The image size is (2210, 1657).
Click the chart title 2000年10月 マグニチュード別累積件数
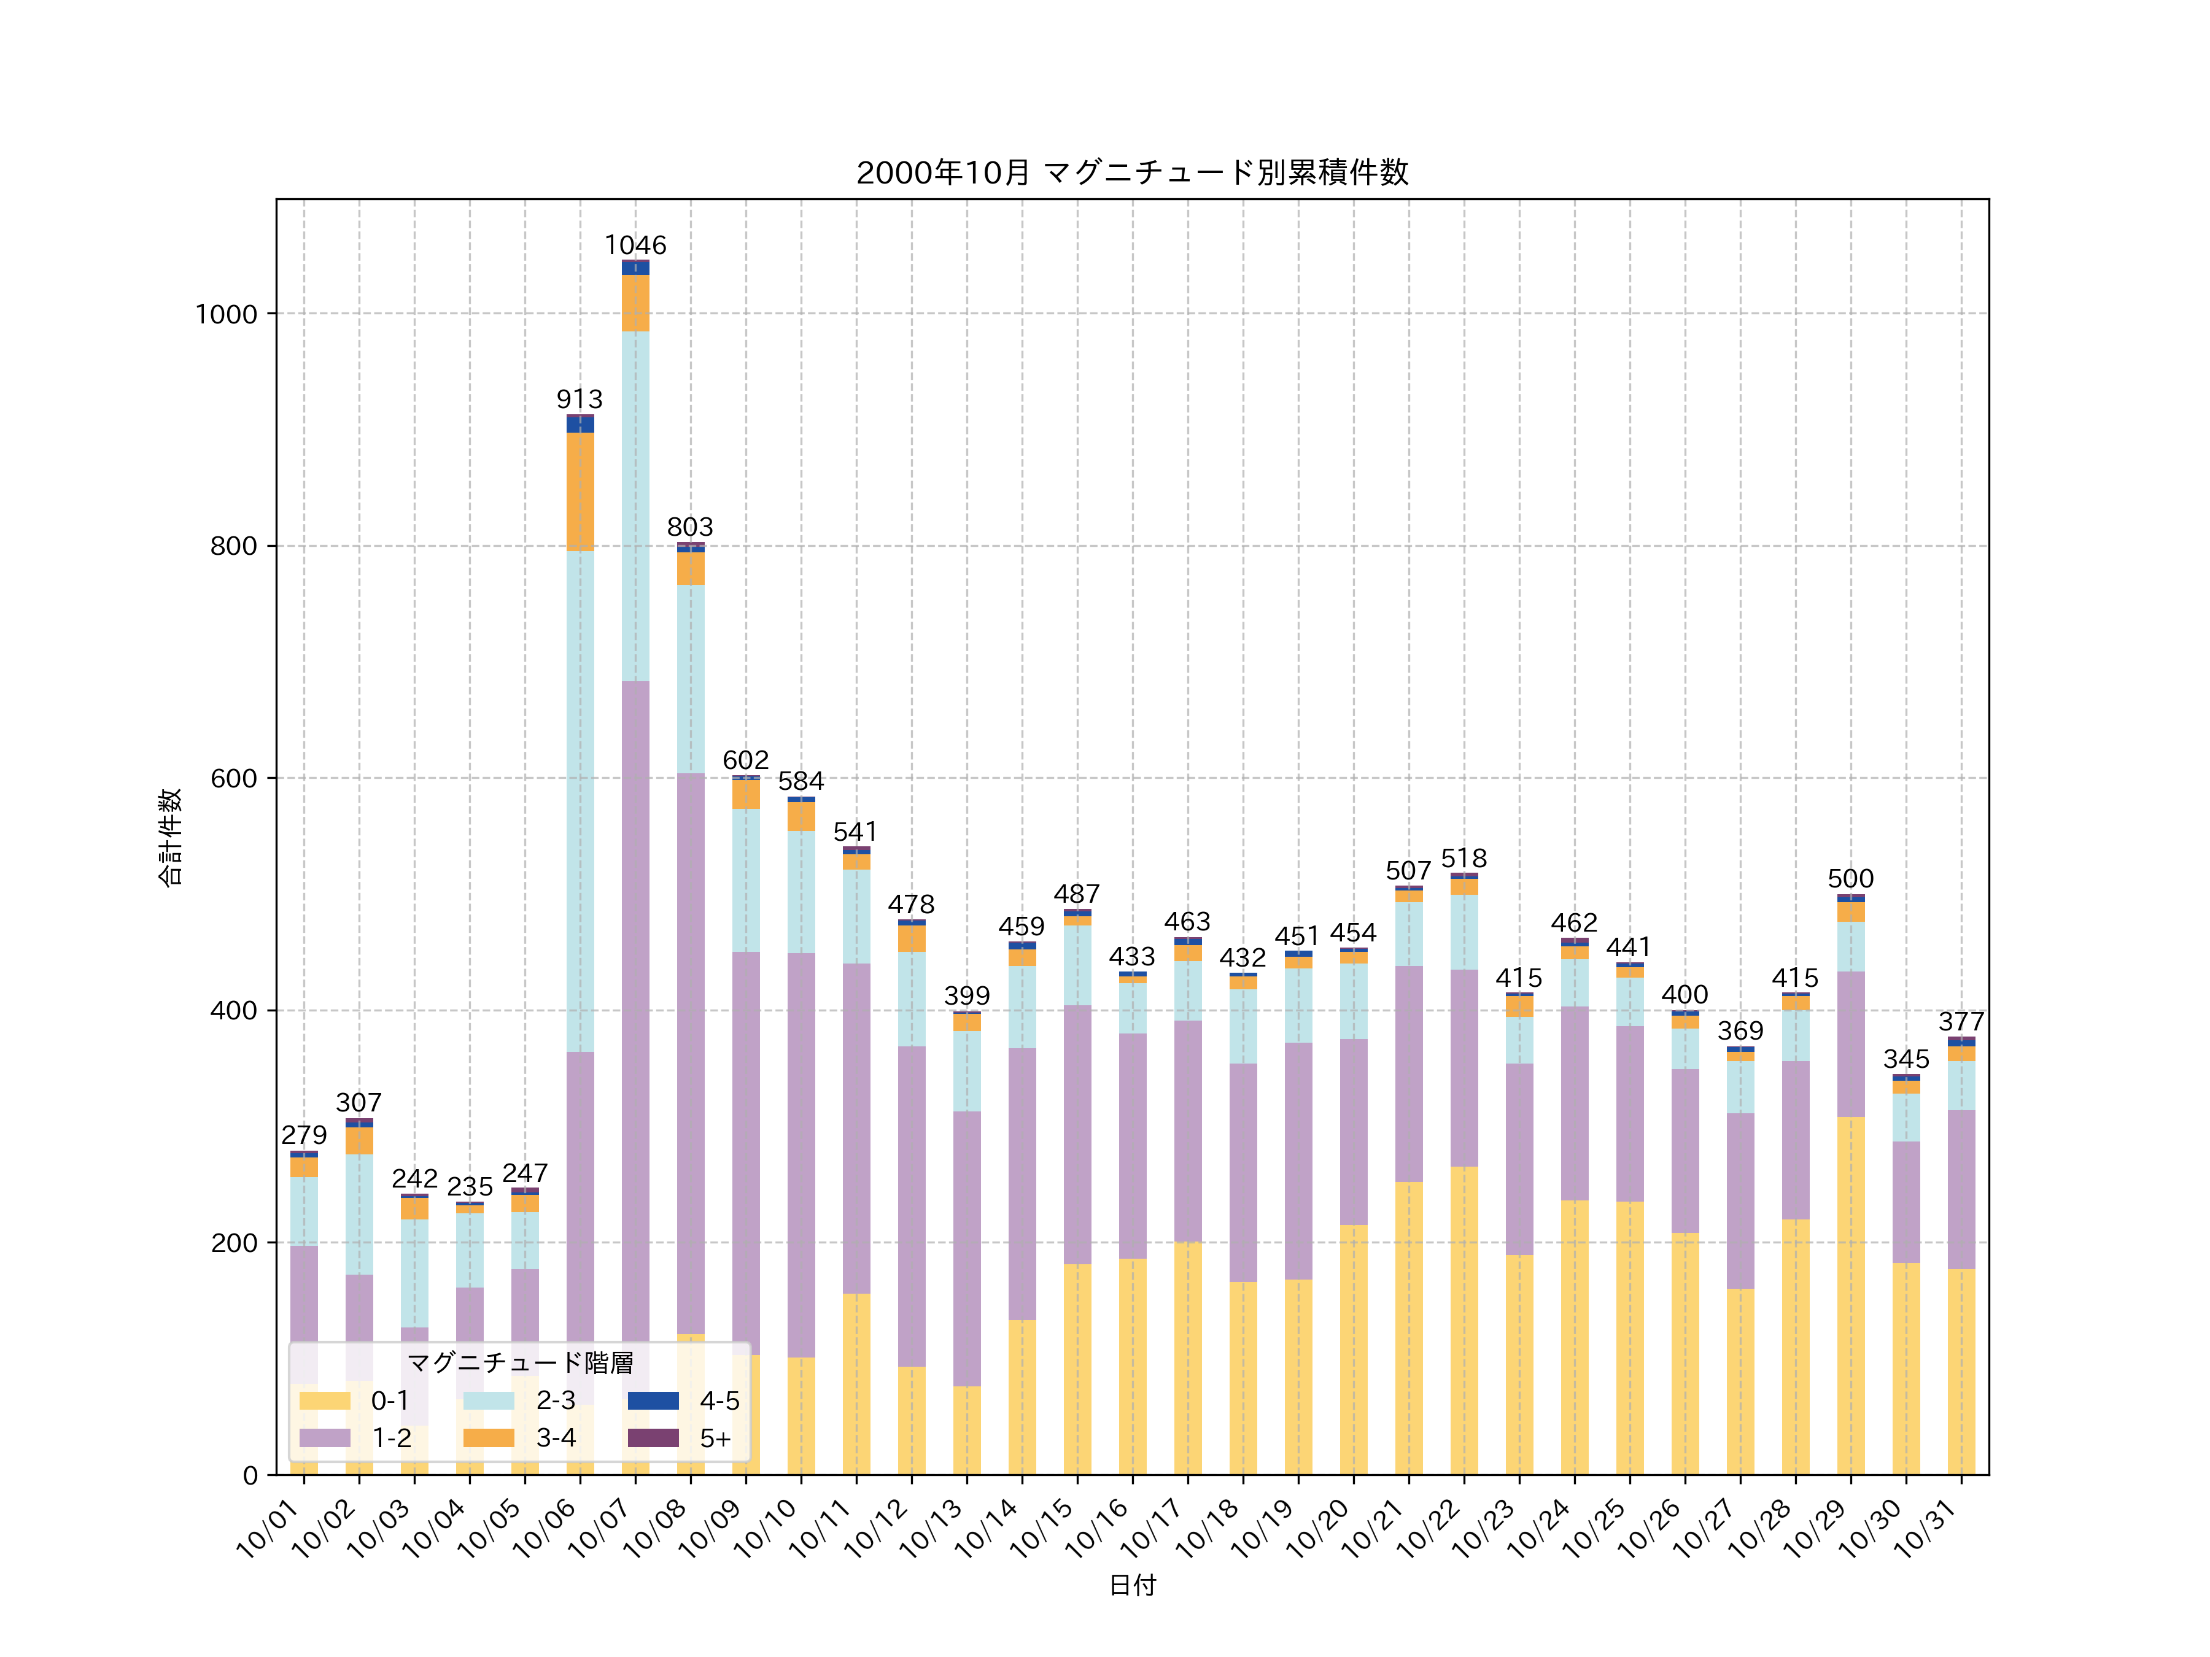pos(1132,173)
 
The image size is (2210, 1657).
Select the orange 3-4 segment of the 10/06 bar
pos(580,492)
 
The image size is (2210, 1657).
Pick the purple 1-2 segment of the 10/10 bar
pos(801,1154)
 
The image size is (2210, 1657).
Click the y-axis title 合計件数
pos(170,837)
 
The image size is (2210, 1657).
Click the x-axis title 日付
pos(1132,1585)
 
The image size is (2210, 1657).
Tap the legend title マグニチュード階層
pos(519,1362)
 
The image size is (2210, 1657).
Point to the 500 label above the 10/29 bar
pos(1850,879)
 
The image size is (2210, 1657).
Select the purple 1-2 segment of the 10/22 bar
pos(1464,1068)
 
